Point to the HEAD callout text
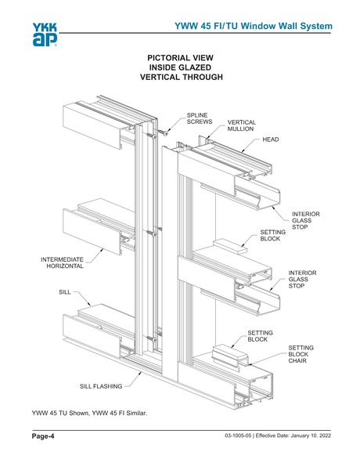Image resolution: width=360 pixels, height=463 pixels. point(271,139)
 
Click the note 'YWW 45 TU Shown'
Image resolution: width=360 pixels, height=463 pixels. point(63,412)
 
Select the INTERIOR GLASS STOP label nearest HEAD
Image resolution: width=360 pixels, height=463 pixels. point(305,220)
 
